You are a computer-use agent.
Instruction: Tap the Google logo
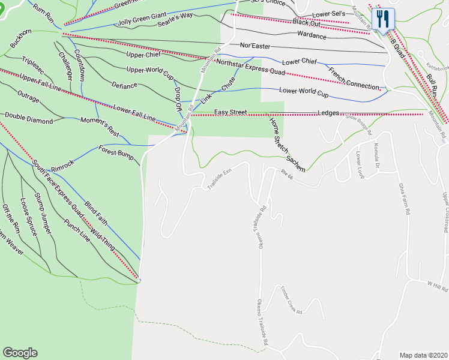coord(20,353)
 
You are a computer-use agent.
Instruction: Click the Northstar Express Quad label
coord(250,67)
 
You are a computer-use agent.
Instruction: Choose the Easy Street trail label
coord(231,112)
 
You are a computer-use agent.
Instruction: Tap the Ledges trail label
coord(329,113)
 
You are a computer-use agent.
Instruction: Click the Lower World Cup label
coord(304,92)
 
